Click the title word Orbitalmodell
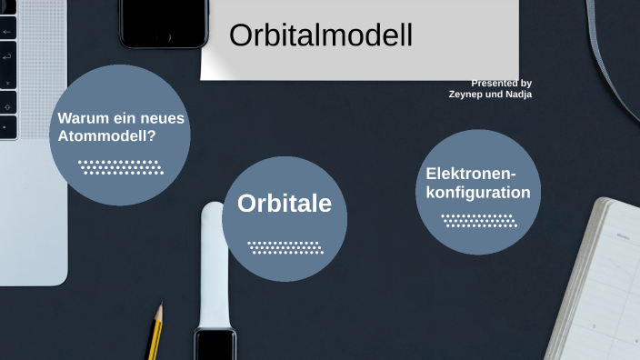pyautogui.click(x=321, y=35)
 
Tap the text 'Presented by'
pyautogui.click(x=501, y=83)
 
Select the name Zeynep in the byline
pyautogui.click(x=466, y=94)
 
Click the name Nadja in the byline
pyautogui.click(x=516, y=94)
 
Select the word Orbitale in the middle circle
pyautogui.click(x=285, y=204)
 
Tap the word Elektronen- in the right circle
pyautogui.click(x=471, y=174)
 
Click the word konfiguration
pyautogui.click(x=478, y=193)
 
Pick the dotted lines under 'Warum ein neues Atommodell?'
pyautogui.click(x=120, y=167)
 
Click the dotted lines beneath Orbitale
pyautogui.click(x=285, y=246)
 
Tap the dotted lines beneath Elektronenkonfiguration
pyautogui.click(x=477, y=220)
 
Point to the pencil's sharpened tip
pyautogui.click(x=161, y=306)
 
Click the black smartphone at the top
pyautogui.click(x=164, y=23)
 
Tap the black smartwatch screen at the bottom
pyautogui.click(x=215, y=345)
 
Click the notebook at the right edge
pyautogui.click(x=605, y=282)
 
